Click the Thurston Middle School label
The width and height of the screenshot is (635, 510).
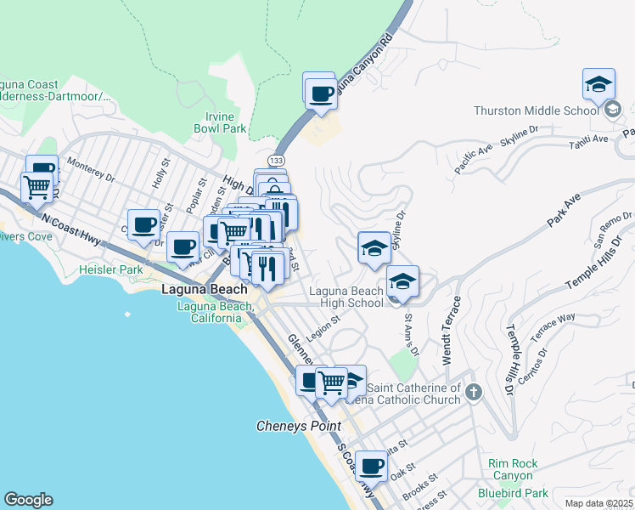pos(536,110)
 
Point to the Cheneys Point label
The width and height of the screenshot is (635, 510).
pos(299,426)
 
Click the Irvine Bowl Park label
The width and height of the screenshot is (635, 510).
pos(225,122)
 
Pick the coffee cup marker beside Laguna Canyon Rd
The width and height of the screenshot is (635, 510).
pos(321,94)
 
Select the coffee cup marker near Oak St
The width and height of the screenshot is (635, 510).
pos(371,466)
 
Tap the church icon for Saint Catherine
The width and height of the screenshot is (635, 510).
pos(474,392)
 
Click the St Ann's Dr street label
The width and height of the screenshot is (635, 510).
pos(411,335)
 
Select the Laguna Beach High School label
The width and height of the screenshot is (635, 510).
pos(346,297)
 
